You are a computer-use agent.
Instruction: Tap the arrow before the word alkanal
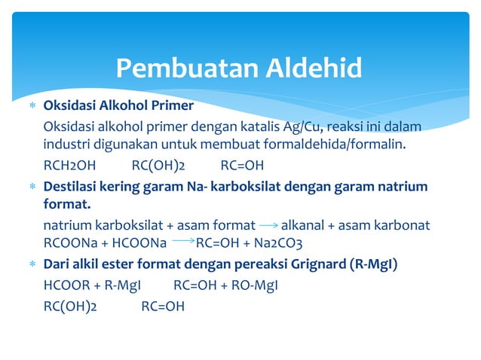point(268,224)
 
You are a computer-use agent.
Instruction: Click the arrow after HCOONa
point(183,242)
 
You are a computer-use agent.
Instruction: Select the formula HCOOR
point(66,286)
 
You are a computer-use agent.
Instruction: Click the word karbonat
point(404,224)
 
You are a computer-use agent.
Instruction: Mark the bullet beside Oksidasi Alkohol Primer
point(32,105)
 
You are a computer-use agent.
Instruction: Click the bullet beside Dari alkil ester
point(32,265)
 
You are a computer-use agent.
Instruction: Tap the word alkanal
point(306,224)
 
